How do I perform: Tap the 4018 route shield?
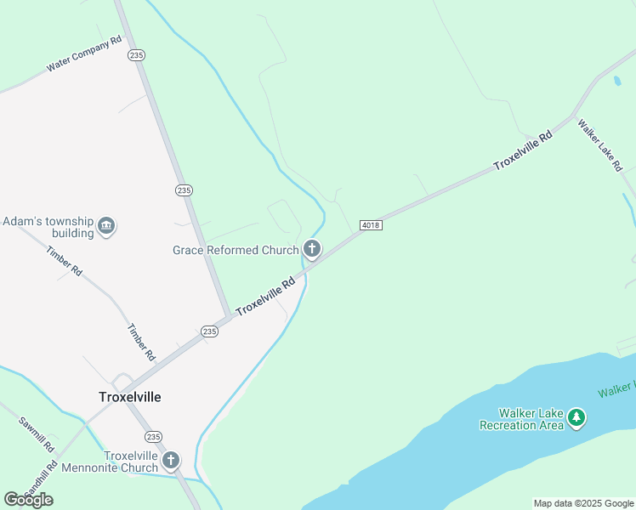(370, 224)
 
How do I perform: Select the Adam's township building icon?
(106, 226)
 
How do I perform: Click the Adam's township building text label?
(48, 227)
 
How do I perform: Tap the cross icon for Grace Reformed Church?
(312, 249)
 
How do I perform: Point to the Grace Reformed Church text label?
(236, 250)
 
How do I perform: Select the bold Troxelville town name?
(129, 397)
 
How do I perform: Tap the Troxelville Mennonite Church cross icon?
(171, 461)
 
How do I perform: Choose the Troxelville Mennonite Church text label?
(131, 462)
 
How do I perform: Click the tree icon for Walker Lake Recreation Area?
(577, 417)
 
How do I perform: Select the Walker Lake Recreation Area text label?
(521, 419)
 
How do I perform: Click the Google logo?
(28, 499)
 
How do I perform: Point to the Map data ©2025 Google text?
(582, 503)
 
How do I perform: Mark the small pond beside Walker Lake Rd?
(616, 82)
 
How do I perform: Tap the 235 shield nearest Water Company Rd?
(137, 54)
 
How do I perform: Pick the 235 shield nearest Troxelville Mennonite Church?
(153, 436)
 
